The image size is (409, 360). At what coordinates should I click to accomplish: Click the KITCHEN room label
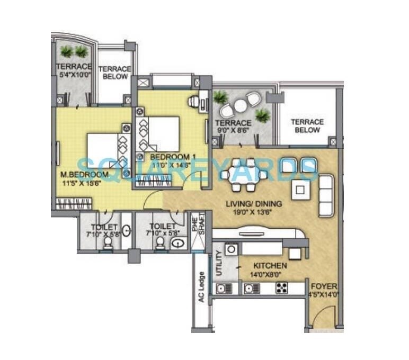pos(270,265)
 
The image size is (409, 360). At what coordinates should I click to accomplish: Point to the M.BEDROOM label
pos(84,175)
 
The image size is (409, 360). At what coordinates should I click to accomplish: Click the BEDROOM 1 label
pos(169,157)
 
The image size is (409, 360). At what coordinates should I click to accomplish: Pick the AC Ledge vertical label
pos(201,287)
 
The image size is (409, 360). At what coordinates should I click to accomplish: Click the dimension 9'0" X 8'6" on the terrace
pos(234,128)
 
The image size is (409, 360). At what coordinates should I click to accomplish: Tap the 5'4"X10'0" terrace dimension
pos(74,75)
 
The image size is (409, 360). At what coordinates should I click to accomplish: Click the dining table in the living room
pos(243,175)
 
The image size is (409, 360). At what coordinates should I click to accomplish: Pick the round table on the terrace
pos(240,106)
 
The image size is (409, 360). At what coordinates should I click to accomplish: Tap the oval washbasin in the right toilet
pos(179,244)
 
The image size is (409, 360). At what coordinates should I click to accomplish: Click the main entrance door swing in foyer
pos(320,319)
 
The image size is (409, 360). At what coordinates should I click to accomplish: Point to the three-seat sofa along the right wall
pos(325,196)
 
